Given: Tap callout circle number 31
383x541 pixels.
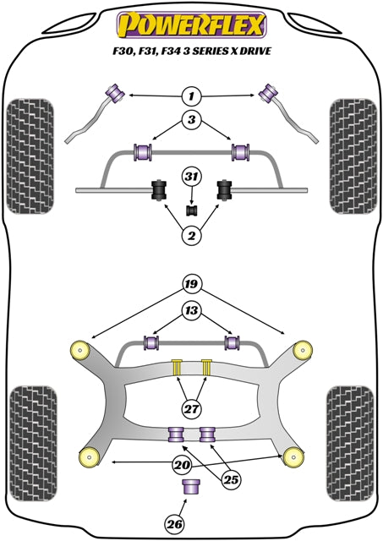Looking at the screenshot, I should point(191,176).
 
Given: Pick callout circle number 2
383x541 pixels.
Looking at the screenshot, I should point(191,237).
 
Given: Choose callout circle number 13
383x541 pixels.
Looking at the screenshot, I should point(191,312).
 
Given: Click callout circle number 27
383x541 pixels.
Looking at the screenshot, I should point(191,409).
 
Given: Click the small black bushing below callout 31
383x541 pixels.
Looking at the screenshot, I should point(191,209).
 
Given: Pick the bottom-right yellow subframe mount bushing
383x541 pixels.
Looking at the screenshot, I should point(295,457).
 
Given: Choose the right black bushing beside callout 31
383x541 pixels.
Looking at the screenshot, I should point(226,190).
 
